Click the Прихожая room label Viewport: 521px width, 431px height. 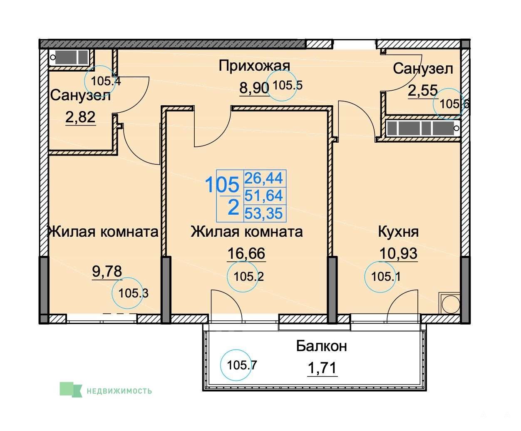click(x=254, y=66)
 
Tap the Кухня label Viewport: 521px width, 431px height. click(x=398, y=231)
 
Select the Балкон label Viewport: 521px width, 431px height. click(x=321, y=346)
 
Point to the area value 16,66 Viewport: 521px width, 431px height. click(x=246, y=253)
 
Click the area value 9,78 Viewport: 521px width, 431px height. click(x=107, y=271)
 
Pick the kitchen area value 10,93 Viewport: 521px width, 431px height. click(x=398, y=253)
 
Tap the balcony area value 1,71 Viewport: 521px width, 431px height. click(x=322, y=368)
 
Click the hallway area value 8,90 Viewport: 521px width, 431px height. click(x=254, y=88)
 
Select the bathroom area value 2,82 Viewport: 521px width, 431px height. click(x=80, y=117)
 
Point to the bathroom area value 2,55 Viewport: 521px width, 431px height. click(x=423, y=90)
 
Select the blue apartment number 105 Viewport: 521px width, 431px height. click(x=222, y=185)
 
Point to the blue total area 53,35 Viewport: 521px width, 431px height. click(x=263, y=213)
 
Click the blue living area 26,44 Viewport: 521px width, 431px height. click(x=263, y=178)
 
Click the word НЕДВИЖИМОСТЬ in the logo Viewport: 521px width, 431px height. click(x=119, y=391)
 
